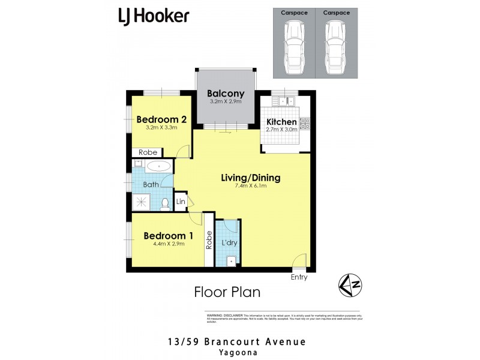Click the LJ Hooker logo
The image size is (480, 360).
pyautogui.click(x=154, y=16)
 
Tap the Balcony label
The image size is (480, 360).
pyautogui.click(x=226, y=93)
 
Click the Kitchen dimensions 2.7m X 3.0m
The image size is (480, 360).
pyautogui.click(x=286, y=130)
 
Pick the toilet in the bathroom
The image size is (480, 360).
pyautogui.click(x=165, y=203)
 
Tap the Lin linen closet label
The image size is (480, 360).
pyautogui.click(x=180, y=201)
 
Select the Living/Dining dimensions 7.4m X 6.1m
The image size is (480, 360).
pyautogui.click(x=251, y=186)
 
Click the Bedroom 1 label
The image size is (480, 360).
pyautogui.click(x=168, y=236)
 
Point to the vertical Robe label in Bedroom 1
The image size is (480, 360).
pyautogui.click(x=209, y=241)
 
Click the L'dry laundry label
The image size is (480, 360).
pyautogui.click(x=228, y=244)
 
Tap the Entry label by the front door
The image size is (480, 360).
pyautogui.click(x=299, y=277)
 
